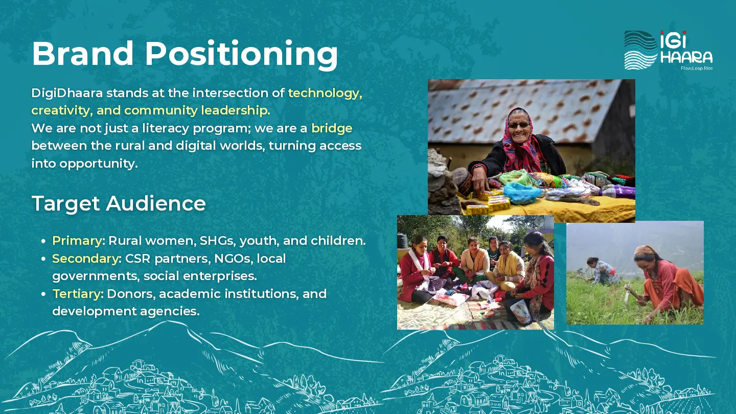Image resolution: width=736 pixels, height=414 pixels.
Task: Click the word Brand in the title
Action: coord(82,53)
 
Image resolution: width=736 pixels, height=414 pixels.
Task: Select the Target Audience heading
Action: coord(119,204)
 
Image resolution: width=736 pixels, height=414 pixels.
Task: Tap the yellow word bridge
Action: coord(332,128)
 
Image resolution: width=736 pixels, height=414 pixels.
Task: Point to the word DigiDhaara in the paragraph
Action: coord(67,94)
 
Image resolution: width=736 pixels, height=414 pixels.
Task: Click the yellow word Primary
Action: coord(77,241)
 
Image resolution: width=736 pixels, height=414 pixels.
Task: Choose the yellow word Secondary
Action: coord(85,259)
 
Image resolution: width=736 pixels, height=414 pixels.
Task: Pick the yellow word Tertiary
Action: coord(77,294)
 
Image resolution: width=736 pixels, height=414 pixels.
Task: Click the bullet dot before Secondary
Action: coord(43,259)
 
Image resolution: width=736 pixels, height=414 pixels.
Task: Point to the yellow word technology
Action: coord(325,94)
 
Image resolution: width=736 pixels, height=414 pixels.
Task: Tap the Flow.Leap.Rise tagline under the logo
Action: coord(697,68)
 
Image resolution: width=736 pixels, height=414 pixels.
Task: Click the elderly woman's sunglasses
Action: coord(519,125)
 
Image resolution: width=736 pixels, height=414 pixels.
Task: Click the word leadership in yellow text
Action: coord(236,110)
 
